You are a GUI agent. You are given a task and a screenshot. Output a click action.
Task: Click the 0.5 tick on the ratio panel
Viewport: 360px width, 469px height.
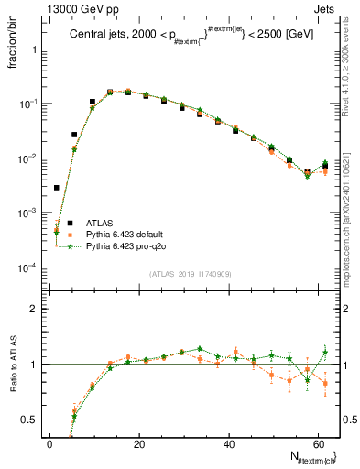click(30, 420)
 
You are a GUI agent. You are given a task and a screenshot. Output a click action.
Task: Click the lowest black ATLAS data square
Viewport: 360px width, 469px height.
click(56, 188)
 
